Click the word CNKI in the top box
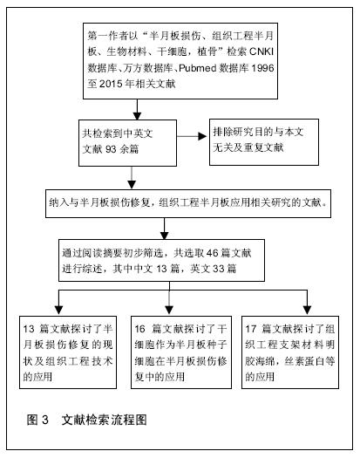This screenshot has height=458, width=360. click(x=262, y=51)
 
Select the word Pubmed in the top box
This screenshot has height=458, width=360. click(x=197, y=68)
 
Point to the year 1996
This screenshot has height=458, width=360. click(x=262, y=68)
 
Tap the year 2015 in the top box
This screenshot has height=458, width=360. click(x=111, y=84)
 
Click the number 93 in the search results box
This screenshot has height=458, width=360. click(x=111, y=149)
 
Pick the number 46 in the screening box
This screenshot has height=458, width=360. click(x=213, y=253)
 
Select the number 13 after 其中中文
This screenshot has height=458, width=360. click(x=161, y=269)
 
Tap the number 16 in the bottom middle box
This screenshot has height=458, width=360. click(x=139, y=329)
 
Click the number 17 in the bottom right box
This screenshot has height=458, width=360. click(x=250, y=329)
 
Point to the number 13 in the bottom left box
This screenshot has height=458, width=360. click(x=29, y=329)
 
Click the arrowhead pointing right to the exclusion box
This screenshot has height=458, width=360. click(x=202, y=136)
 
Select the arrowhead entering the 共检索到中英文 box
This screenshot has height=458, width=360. click(x=137, y=116)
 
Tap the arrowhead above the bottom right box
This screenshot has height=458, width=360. click(x=307, y=311)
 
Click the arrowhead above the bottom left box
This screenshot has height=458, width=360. click(x=59, y=311)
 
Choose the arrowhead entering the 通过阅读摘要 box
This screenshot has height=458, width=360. click(x=165, y=236)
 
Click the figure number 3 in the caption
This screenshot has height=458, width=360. click(x=45, y=420)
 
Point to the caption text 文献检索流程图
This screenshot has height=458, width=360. click(x=105, y=420)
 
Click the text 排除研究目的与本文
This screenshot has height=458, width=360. click(x=258, y=132)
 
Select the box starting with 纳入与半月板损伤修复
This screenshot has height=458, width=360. click(x=188, y=203)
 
